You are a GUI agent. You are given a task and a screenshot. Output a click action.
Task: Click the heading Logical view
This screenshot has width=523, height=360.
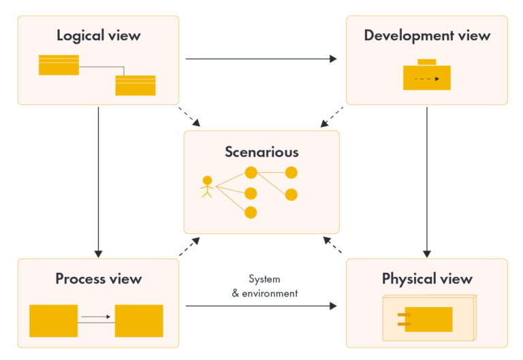(x=98, y=35)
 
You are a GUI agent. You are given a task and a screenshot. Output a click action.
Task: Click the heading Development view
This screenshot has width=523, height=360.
(x=427, y=35)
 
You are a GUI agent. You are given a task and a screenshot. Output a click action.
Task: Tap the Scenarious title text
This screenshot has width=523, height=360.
(x=261, y=151)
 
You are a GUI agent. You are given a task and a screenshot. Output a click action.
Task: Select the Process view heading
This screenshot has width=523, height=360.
(x=99, y=278)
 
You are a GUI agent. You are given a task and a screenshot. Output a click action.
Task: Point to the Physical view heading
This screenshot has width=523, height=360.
(x=427, y=278)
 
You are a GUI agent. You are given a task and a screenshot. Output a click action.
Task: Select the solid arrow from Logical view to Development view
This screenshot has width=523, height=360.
(x=261, y=59)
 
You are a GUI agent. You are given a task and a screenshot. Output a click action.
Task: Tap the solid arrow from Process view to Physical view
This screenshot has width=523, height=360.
(x=261, y=306)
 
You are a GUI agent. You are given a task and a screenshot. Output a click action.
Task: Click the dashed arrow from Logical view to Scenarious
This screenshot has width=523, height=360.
(x=189, y=116)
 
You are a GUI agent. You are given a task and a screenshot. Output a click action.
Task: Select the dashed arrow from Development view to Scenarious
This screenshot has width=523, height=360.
(x=332, y=116)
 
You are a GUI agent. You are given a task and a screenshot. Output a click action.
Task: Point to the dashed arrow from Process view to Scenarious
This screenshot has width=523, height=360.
(x=189, y=246)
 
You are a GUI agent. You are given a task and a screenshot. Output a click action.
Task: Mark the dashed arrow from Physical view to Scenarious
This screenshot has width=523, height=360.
(x=332, y=246)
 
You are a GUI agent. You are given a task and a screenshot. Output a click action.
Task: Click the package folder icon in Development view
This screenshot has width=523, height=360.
(x=427, y=76)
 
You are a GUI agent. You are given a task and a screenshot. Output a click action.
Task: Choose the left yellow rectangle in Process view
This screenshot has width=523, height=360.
(x=53, y=321)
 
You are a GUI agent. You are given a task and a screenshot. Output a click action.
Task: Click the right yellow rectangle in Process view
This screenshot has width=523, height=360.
(x=139, y=321)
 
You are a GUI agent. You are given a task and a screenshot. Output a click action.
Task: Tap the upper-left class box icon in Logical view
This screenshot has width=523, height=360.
(x=59, y=65)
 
